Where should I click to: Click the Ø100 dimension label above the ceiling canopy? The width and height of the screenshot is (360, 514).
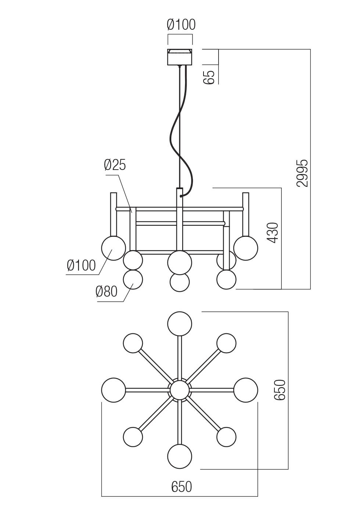point(181,25)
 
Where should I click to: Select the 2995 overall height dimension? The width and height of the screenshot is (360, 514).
point(303,173)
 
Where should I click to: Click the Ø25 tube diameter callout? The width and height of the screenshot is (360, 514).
point(115,165)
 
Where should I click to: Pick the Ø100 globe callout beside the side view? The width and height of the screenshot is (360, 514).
point(81,265)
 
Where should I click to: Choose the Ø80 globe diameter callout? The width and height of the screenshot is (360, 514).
point(106,292)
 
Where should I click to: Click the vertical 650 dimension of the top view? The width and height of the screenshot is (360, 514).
point(280,390)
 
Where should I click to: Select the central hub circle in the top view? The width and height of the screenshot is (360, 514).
point(180,390)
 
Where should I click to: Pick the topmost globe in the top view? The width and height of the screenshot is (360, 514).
point(180,324)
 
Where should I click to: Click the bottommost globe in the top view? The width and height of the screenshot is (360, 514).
point(180,456)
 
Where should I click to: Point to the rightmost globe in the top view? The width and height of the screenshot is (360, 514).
point(246,390)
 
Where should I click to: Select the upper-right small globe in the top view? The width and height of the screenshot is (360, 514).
point(226,343)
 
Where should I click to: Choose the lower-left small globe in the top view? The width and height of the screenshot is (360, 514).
point(133,437)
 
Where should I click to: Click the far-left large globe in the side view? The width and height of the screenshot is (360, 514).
point(113,248)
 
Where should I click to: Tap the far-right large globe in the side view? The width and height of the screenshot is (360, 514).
point(246,248)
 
